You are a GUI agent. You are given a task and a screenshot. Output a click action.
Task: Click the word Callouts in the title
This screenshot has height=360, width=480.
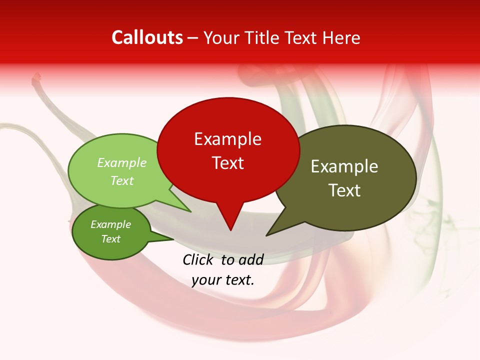(147, 37)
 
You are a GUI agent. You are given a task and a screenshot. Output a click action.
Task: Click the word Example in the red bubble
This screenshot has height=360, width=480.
(227, 139)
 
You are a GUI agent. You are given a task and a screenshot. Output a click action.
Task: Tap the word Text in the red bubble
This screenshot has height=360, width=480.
(227, 163)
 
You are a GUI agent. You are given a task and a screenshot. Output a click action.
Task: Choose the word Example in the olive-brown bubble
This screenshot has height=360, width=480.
(344, 166)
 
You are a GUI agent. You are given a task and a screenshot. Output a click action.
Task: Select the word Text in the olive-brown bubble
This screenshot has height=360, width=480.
(345, 190)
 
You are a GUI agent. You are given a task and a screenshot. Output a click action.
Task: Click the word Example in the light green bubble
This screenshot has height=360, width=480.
(122, 163)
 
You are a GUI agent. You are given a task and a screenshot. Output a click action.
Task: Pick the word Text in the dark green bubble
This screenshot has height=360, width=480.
(110, 239)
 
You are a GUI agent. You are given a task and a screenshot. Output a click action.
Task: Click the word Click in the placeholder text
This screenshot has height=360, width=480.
(199, 259)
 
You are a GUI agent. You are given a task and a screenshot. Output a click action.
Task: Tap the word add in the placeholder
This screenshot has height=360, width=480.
(251, 259)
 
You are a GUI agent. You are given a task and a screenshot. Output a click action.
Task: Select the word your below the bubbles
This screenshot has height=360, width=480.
(206, 280)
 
